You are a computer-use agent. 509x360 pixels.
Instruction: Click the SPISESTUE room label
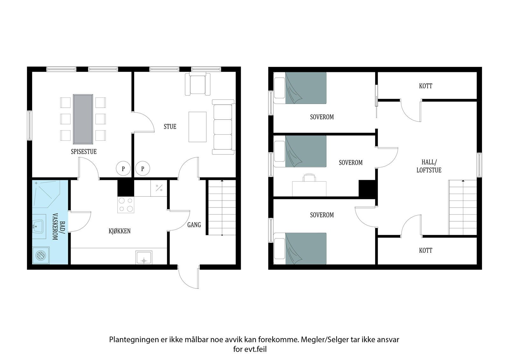(x=84, y=152)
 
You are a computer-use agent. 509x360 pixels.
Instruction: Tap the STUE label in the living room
(x=170, y=126)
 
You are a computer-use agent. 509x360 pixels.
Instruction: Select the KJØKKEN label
(x=120, y=231)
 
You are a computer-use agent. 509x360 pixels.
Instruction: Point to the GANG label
(x=194, y=225)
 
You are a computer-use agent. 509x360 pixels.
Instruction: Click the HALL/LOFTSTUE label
(x=429, y=166)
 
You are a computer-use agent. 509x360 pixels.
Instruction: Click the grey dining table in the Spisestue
(x=83, y=119)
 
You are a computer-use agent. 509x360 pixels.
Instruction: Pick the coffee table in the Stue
(x=198, y=127)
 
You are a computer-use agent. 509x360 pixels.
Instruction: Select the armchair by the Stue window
(x=198, y=84)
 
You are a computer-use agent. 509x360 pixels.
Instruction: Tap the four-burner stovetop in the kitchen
(x=126, y=205)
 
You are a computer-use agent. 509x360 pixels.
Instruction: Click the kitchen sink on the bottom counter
(x=144, y=258)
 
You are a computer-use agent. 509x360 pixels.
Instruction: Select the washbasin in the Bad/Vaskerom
(x=38, y=226)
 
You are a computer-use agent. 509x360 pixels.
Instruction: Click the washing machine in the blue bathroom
(x=41, y=255)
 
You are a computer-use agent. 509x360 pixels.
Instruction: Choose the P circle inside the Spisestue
(x=123, y=168)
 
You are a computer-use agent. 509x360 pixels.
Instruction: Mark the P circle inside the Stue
(x=143, y=168)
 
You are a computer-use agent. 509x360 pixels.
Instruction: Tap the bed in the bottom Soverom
(x=300, y=249)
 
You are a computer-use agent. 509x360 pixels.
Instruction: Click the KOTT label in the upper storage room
(x=426, y=86)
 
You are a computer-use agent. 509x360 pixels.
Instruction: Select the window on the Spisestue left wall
(x=30, y=125)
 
